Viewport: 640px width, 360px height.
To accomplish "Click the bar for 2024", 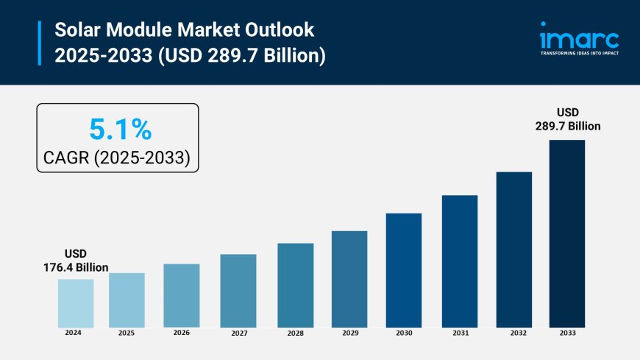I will click(76, 303).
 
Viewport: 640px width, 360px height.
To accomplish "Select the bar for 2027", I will click(238, 291).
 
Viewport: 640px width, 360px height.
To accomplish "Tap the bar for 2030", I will click(404, 270).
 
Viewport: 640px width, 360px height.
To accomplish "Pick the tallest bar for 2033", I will click(566, 233).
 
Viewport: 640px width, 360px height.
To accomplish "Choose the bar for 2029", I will click(349, 279).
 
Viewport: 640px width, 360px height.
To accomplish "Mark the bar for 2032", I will click(513, 250).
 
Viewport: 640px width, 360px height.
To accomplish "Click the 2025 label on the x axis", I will click(127, 333).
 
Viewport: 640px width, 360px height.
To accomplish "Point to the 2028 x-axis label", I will click(295, 333).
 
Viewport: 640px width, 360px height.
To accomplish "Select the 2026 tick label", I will click(181, 333).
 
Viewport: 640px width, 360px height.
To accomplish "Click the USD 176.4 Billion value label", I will click(76, 261).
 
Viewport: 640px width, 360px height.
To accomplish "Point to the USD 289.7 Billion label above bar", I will click(567, 119).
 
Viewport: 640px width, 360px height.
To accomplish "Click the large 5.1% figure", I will click(120, 130).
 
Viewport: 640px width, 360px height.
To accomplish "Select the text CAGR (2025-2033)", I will click(118, 157).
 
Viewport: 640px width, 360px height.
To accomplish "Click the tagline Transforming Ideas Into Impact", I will click(580, 54).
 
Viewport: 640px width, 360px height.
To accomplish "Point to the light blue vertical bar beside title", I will click(39, 43).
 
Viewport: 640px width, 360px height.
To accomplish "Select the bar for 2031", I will click(459, 261).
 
